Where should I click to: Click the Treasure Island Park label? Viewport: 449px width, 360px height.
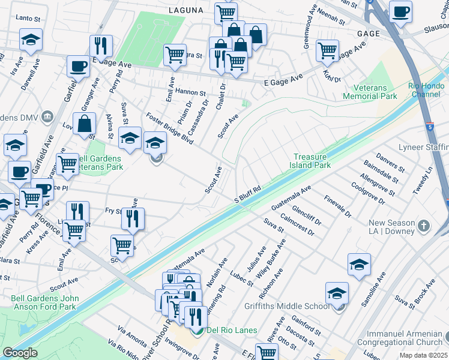tap(310, 160)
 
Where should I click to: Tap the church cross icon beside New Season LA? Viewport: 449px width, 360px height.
tap(424, 226)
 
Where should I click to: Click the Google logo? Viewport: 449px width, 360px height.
tap(20, 353)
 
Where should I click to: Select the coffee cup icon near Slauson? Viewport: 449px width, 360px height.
tap(400, 11)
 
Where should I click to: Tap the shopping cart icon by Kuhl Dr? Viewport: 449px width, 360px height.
tap(327, 50)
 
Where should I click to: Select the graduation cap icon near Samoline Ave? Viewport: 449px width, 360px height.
tap(359, 263)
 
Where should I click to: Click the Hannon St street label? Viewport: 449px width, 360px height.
tap(191, 93)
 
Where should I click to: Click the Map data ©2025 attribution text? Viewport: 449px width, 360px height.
tap(423, 355)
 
